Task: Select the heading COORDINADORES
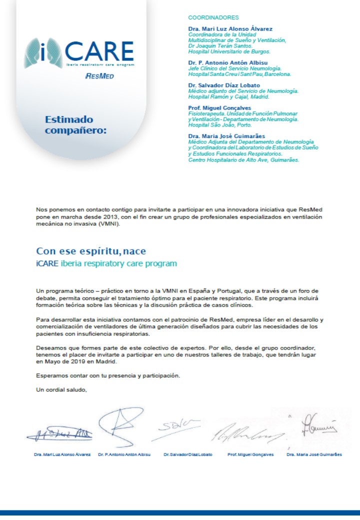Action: pos(213,17)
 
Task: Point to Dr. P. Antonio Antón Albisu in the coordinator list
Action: pos(224,62)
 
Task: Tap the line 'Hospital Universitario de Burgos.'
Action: pos(229,51)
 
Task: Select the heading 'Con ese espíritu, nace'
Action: pos(91,251)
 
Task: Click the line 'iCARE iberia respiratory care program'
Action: pos(106,263)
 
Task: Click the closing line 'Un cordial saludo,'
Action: pos(61,389)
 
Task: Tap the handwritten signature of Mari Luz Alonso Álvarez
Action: pos(59,434)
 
